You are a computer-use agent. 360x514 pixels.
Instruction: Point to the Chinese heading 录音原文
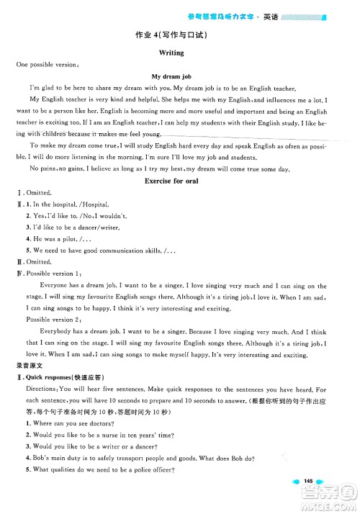click(28, 364)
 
